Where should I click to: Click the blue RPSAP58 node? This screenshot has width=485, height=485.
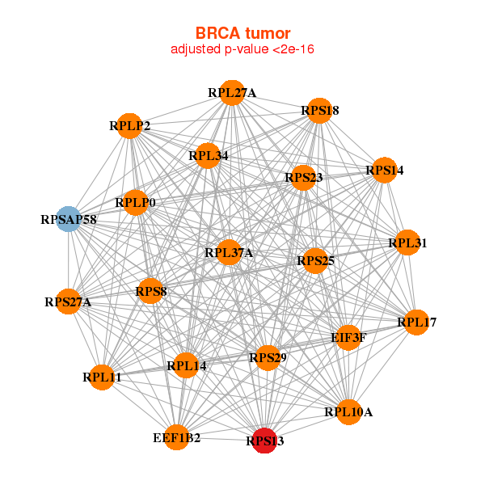pyautogui.click(x=69, y=219)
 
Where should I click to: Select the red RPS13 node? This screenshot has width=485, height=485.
pyautogui.click(x=264, y=441)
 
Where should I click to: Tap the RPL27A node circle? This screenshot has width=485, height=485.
pyautogui.click(x=232, y=93)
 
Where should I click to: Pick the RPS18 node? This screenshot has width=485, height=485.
pyautogui.click(x=319, y=111)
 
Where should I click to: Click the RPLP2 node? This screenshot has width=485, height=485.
pyautogui.click(x=130, y=126)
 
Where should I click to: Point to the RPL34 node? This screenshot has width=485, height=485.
pyautogui.click(x=208, y=155)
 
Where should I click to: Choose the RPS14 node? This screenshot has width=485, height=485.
pyautogui.click(x=384, y=171)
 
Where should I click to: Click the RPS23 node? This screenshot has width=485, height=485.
pyautogui.click(x=303, y=178)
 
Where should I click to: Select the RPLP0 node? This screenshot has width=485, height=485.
pyautogui.click(x=135, y=202)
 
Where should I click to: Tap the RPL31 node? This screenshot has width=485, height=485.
pyautogui.click(x=407, y=242)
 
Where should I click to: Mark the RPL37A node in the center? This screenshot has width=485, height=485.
pyautogui.click(x=229, y=252)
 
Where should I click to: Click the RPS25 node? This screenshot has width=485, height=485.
pyautogui.click(x=315, y=260)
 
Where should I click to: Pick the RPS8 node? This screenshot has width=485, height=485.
pyautogui.click(x=150, y=290)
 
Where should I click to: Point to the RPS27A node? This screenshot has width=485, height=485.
pyautogui.click(x=69, y=302)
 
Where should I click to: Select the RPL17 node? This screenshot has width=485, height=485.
pyautogui.click(x=416, y=323)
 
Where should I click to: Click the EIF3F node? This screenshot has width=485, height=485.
pyautogui.click(x=348, y=337)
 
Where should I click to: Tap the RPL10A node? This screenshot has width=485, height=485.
pyautogui.click(x=348, y=412)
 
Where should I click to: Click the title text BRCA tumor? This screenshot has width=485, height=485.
pyautogui.click(x=242, y=33)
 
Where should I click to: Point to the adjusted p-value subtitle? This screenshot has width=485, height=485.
pyautogui.click(x=242, y=49)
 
